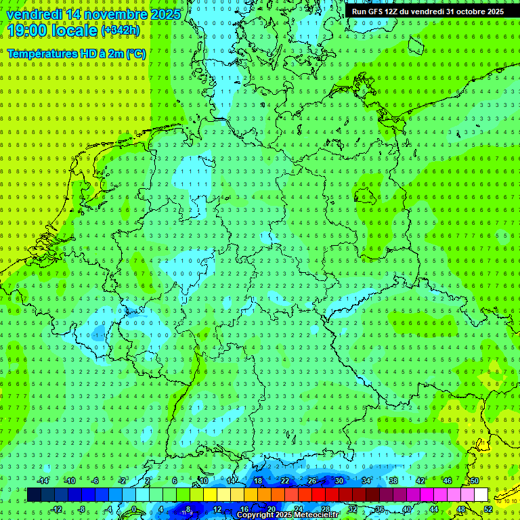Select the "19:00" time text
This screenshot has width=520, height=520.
coord(26,30)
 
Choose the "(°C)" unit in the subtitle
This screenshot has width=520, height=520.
coord(135,53)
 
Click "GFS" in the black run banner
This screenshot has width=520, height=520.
coord(380,12)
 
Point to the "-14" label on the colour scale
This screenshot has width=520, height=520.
coord(43,481)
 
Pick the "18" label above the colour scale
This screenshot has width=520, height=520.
coord(257,481)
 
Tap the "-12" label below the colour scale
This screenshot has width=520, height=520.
coord(57,508)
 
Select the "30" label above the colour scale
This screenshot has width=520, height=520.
coord(339,481)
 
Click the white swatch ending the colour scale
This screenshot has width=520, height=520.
coord(481,494)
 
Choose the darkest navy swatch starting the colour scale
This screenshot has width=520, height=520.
coord(34,494)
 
